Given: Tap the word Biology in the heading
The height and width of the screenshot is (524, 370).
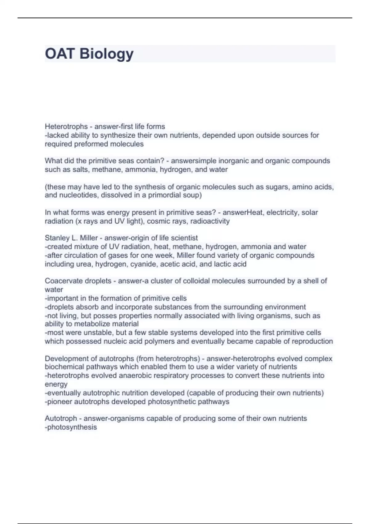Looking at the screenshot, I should click(106, 54).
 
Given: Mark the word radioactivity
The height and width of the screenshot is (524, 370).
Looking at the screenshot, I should click(210, 221).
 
